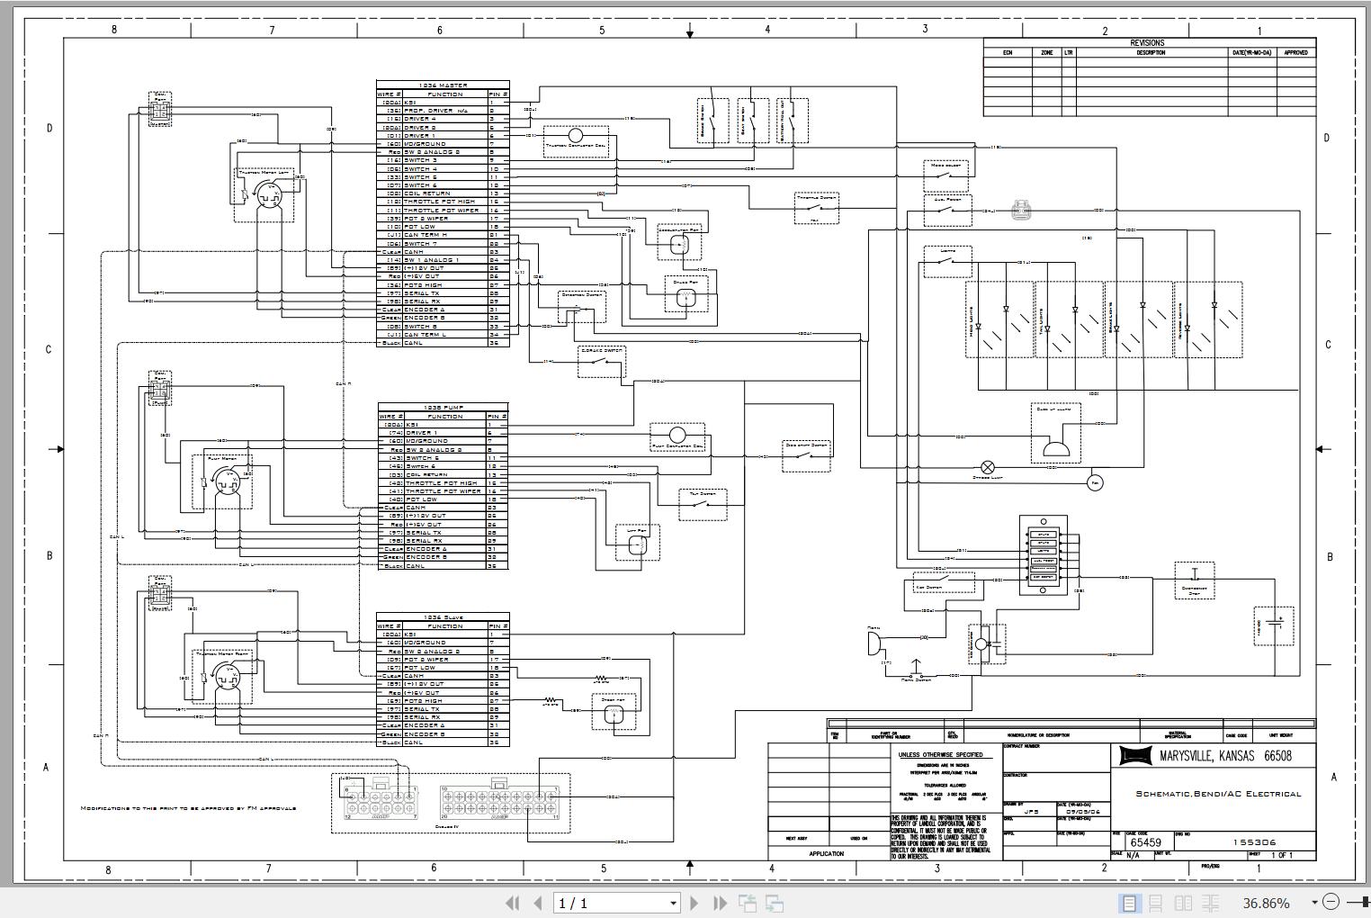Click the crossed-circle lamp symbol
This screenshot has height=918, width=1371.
click(988, 467)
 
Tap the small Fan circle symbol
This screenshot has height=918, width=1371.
click(1095, 483)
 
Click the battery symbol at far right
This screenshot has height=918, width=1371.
click(1273, 625)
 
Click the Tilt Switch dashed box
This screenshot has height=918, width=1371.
click(703, 505)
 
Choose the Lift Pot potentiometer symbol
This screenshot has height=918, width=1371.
click(637, 543)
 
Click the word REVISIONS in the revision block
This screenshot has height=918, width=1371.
click(1147, 42)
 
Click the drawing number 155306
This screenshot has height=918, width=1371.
click(1253, 842)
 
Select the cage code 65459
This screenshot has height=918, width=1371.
click(1145, 842)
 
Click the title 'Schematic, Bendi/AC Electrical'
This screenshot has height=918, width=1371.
click(1218, 794)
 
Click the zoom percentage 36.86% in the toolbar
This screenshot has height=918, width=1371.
click(1266, 903)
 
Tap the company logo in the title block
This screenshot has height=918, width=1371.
click(1135, 756)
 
